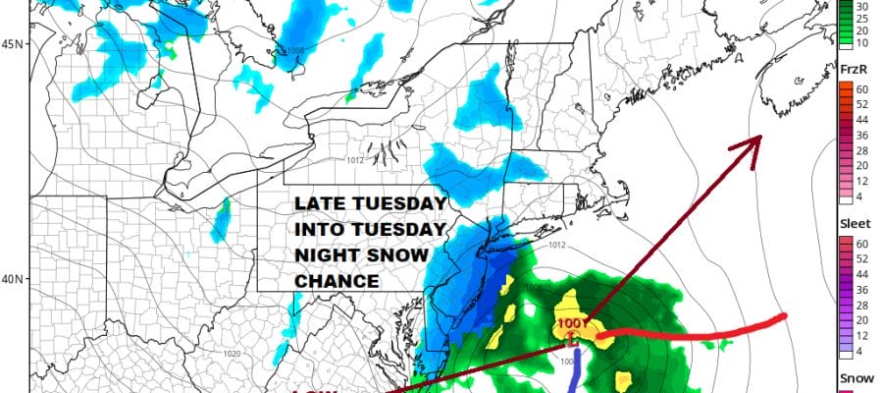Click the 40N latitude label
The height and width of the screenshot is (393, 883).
pyautogui.click(x=13, y=279)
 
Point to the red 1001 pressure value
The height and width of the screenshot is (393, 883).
pyautogui.click(x=571, y=324)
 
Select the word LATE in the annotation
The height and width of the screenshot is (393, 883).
pyautogui.click(x=317, y=203)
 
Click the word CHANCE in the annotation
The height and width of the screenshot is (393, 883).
pyautogui.click(x=337, y=281)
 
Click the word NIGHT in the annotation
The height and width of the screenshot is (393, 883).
pyautogui.click(x=329, y=255)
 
